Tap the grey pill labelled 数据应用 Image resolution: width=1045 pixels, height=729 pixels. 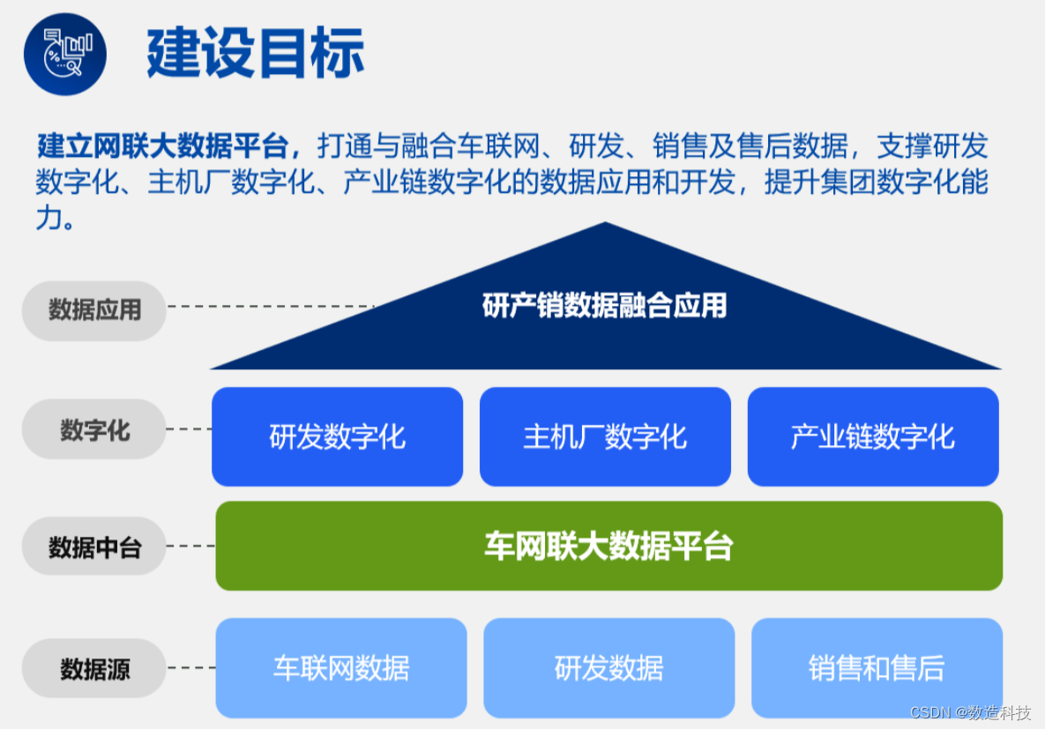(94, 310)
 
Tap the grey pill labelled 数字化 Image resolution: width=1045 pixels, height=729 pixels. (94, 430)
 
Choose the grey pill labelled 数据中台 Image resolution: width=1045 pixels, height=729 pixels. (94, 547)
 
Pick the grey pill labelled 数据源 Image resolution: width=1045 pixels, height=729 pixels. (94, 669)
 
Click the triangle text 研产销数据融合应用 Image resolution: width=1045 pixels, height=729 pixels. (605, 306)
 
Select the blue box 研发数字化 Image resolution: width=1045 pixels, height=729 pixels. (337, 436)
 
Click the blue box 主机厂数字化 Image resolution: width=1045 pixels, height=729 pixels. (605, 436)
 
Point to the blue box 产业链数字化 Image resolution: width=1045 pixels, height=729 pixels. (873, 436)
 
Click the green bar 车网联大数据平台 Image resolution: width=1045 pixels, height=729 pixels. (608, 546)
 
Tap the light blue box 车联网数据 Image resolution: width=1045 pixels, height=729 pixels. (341, 667)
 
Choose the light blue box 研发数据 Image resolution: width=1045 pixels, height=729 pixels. (608, 667)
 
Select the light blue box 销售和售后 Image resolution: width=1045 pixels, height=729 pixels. (877, 667)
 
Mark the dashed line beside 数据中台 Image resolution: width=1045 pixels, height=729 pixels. (190, 547)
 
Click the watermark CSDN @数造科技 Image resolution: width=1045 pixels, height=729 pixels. (969, 712)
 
